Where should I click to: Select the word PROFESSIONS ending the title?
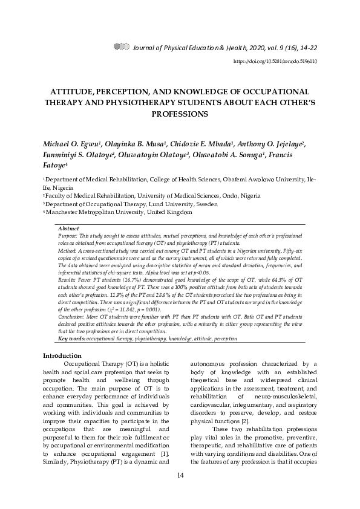180,113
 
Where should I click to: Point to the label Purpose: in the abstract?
70,236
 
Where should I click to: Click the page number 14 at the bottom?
180,476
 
